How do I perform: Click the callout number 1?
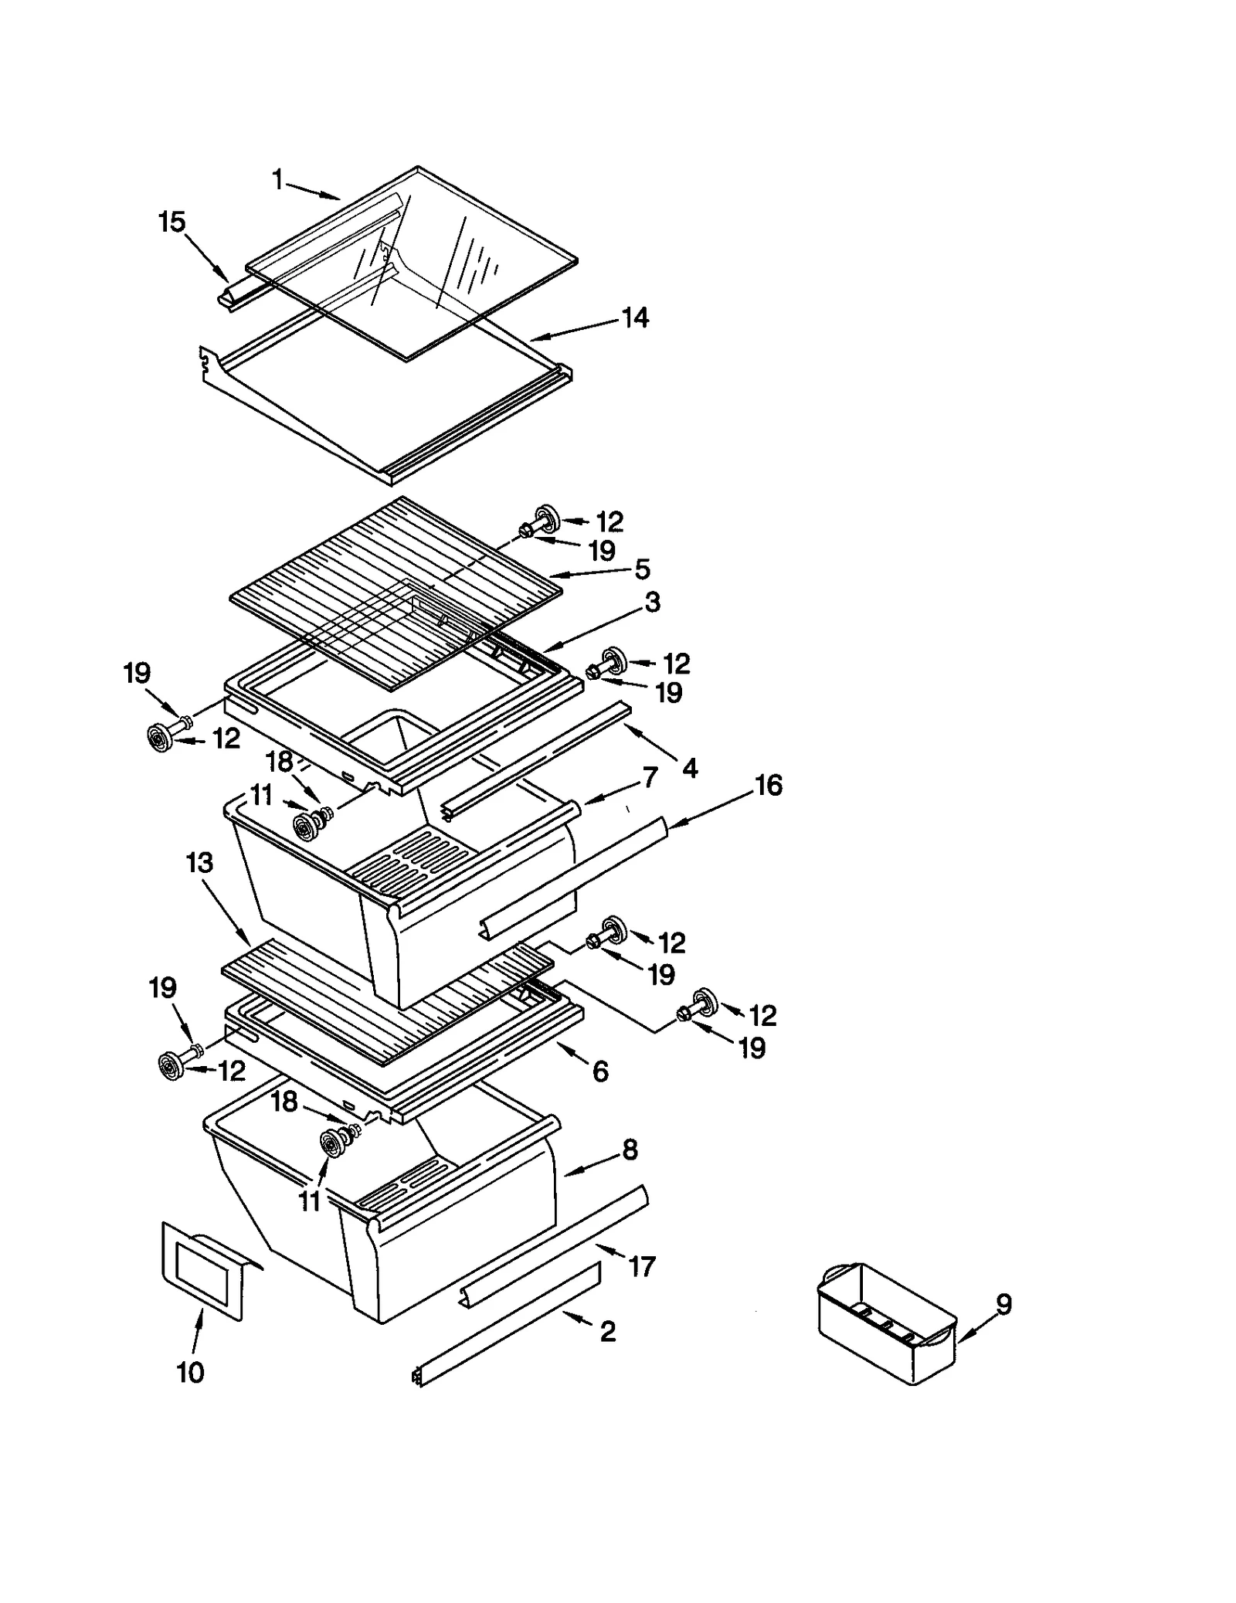[277, 181]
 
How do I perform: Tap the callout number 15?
[171, 222]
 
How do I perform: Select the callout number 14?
[635, 318]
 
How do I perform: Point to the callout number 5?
[642, 569]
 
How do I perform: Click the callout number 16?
[768, 785]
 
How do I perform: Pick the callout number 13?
[200, 862]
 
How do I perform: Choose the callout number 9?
[1003, 1305]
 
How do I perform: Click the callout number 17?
[642, 1266]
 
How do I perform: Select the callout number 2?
[608, 1331]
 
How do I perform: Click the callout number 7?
[650, 777]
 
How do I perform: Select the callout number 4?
[689, 768]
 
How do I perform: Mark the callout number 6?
[600, 1071]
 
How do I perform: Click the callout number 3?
[653, 603]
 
